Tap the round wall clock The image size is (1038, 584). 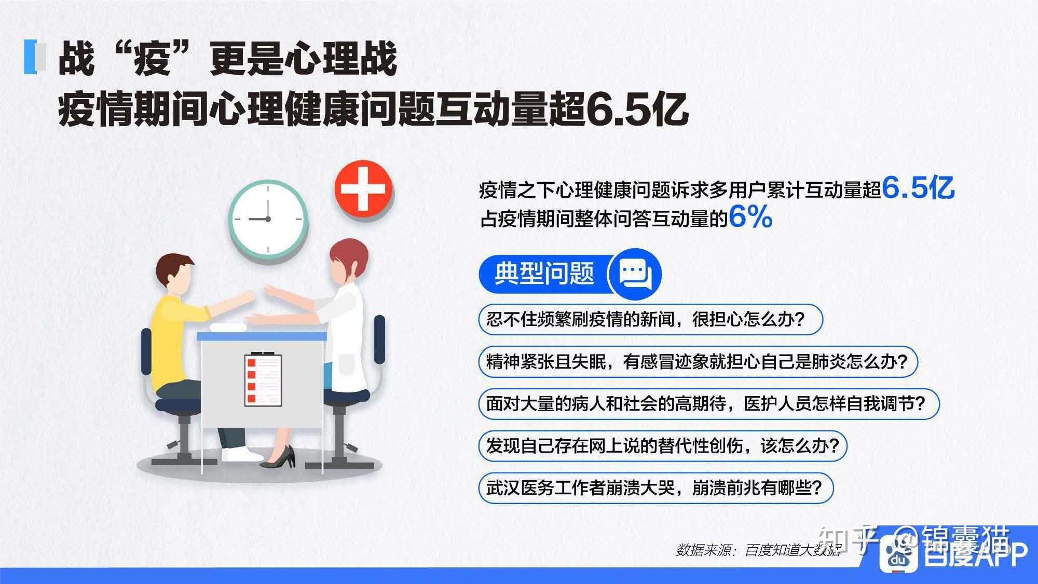point(268,219)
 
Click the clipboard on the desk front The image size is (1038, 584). point(263,379)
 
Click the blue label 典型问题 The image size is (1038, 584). point(544,274)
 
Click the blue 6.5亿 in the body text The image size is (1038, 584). point(918,187)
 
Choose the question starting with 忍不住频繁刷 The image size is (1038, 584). point(650,319)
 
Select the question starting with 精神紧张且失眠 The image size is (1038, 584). point(698,361)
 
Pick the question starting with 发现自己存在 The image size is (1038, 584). point(663,445)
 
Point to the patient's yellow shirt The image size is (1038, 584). point(176,337)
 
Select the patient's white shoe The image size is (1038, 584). point(241,454)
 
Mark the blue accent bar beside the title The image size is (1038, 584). point(31,57)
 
